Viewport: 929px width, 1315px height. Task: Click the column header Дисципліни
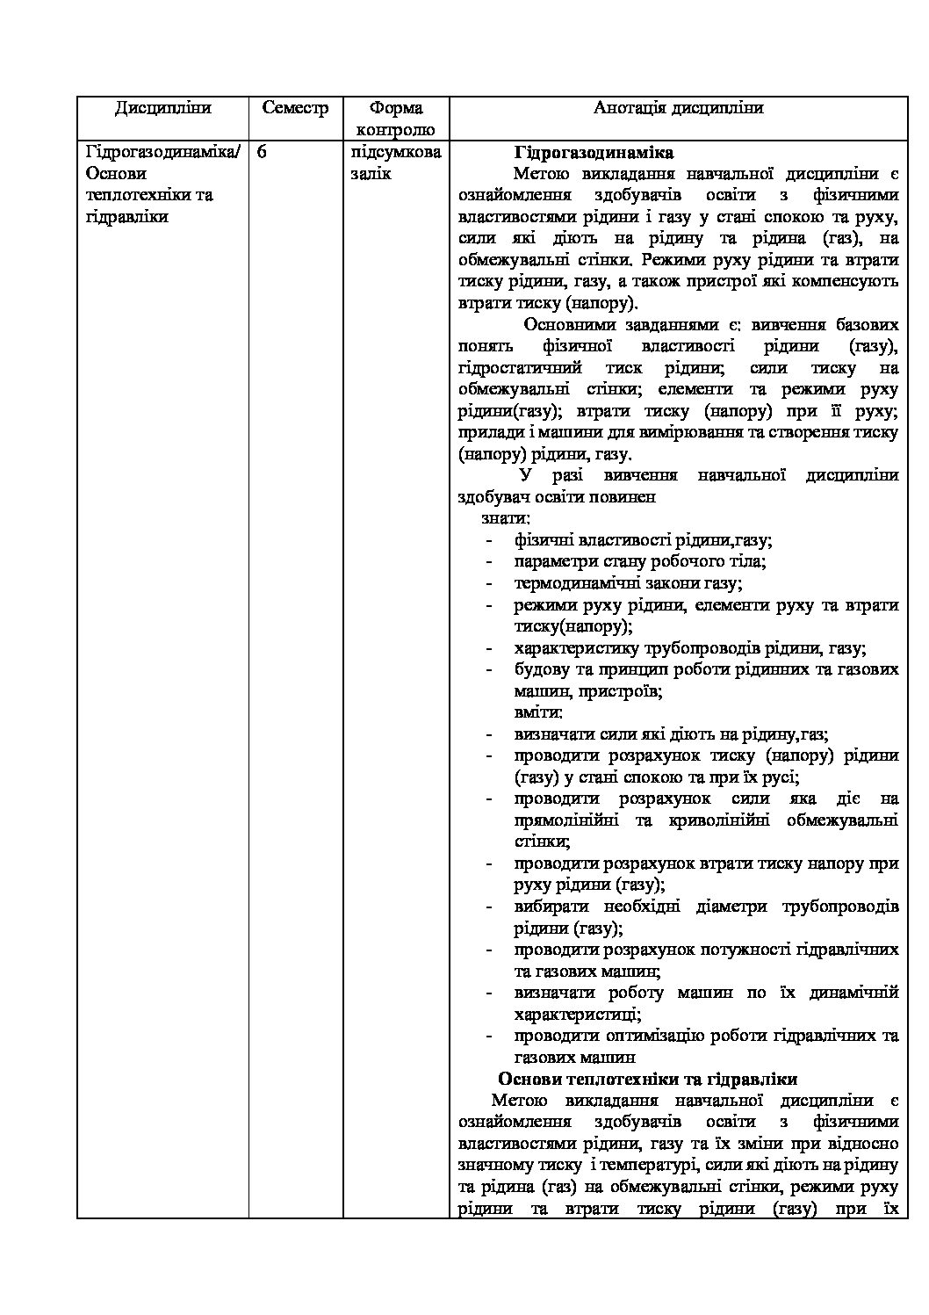162,108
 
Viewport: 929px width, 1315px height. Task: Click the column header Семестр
295,108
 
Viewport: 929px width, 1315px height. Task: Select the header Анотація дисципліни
678,108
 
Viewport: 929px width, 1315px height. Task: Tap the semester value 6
262,152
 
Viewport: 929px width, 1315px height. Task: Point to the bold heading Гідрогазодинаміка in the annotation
594,152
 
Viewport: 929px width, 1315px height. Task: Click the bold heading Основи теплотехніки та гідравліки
647,1079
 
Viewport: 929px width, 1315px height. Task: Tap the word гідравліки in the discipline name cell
126,216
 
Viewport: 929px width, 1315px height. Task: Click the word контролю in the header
395,130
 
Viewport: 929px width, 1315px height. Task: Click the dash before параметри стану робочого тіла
489,561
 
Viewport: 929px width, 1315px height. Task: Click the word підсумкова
395,152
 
